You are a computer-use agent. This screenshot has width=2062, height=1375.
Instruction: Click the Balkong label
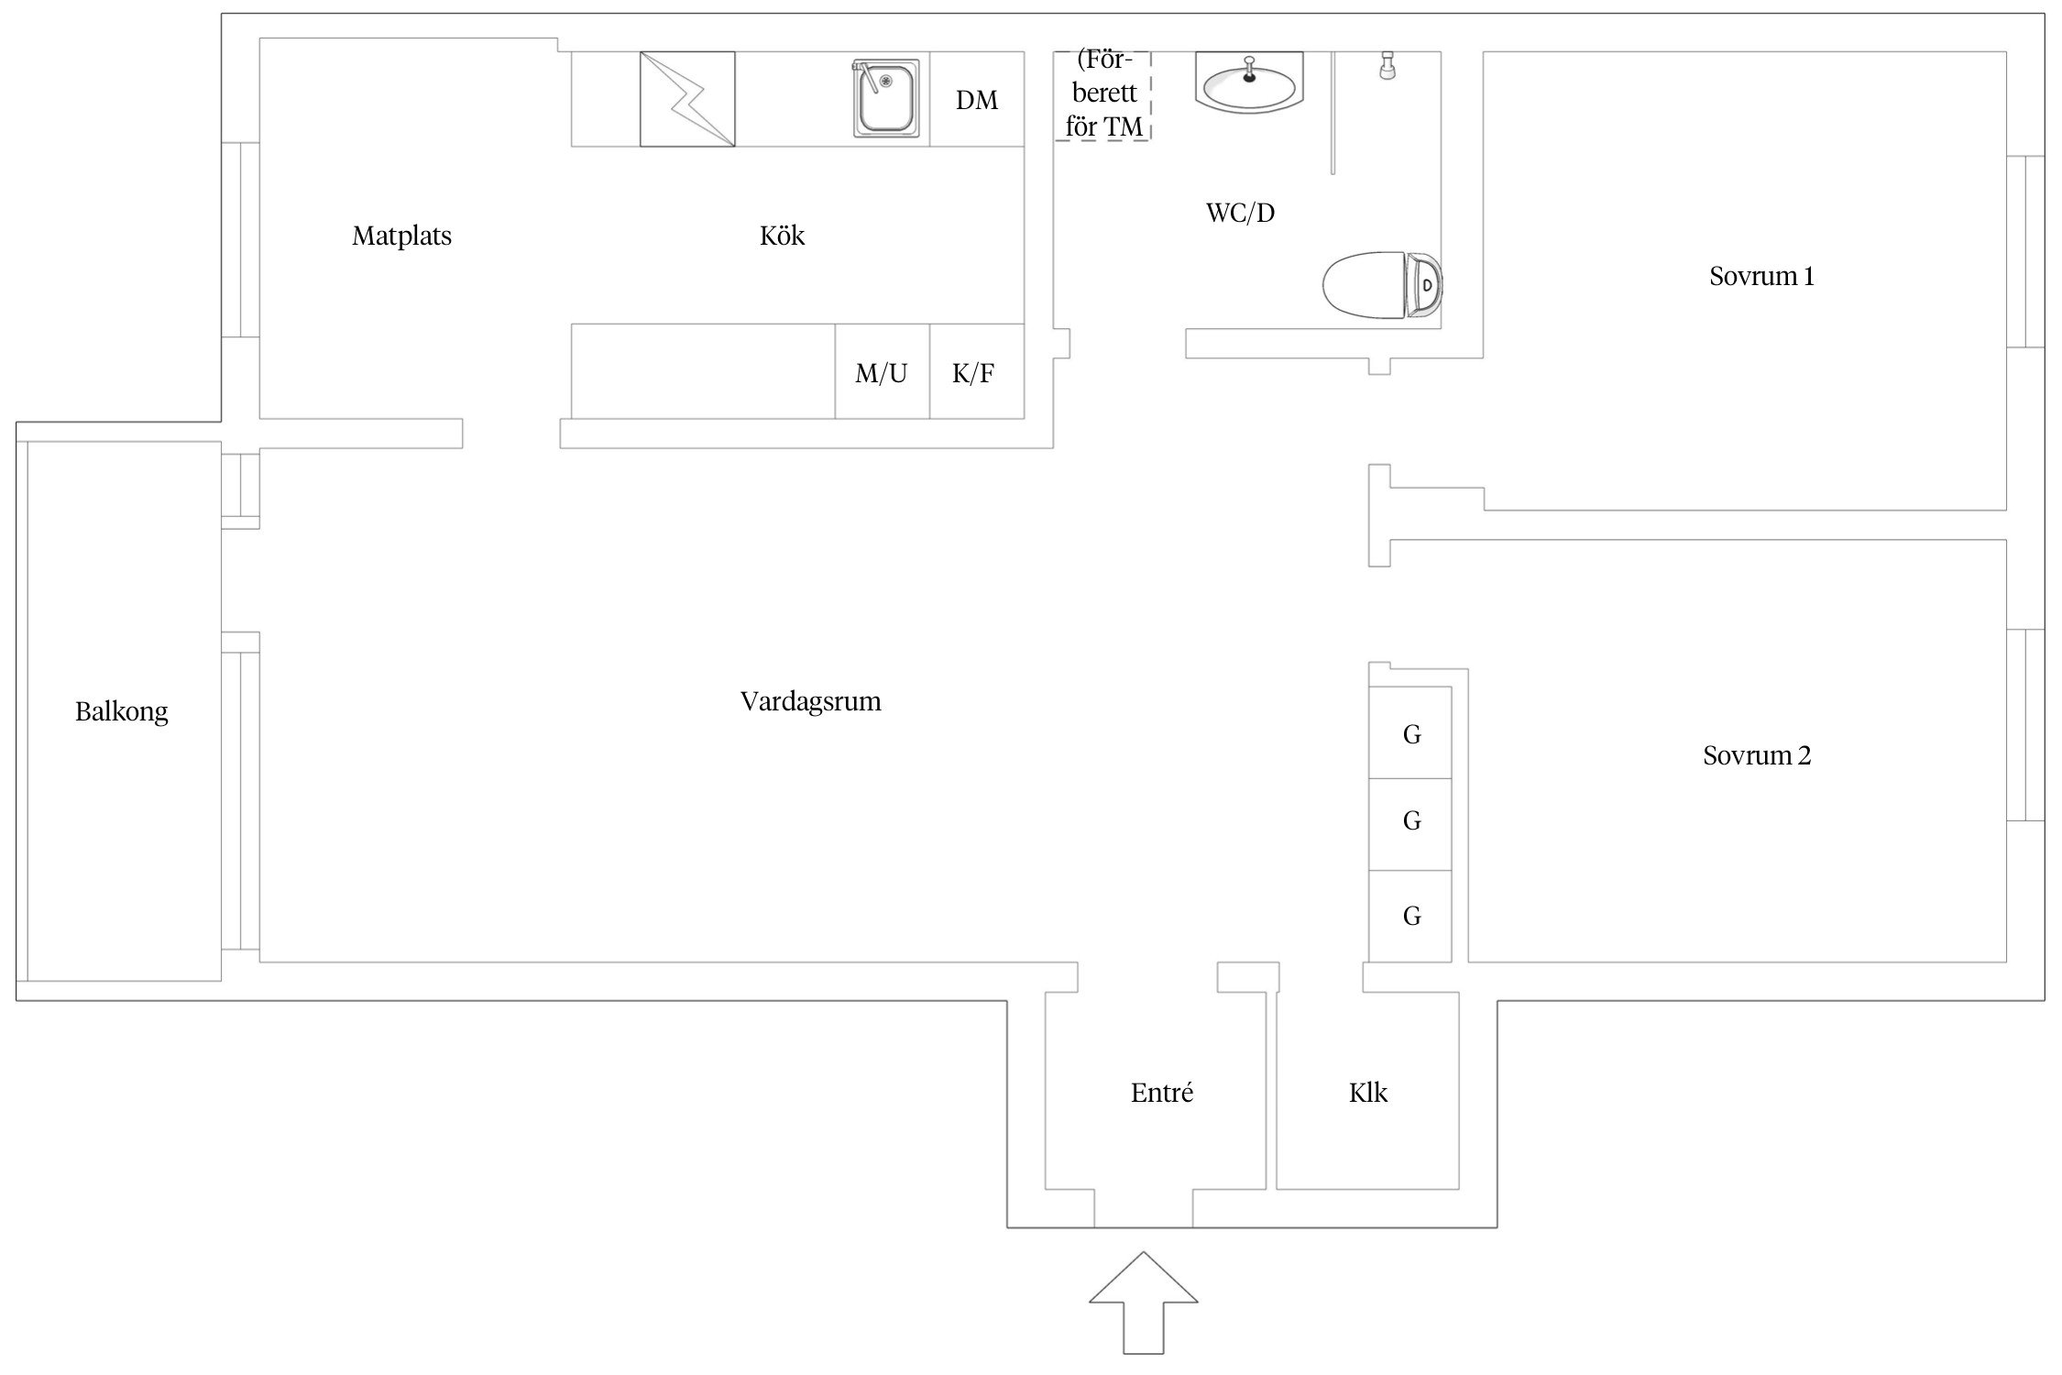pos(122,712)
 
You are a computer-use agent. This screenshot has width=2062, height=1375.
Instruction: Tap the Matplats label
pos(401,236)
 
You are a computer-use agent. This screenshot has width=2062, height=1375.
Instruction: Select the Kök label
pos(782,236)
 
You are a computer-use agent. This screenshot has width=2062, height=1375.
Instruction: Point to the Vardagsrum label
pos(810,702)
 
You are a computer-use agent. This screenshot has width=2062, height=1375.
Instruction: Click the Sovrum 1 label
pos(1760,277)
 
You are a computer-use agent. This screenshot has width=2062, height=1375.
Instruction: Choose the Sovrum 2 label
pos(1756,756)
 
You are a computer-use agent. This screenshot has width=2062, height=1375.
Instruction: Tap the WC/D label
pos(1239,214)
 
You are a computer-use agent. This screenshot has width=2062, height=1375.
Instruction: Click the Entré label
pos(1161,1093)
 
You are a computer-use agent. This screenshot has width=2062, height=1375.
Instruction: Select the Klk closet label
pos(1367,1093)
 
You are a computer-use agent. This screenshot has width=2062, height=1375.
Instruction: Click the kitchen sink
pos(886,99)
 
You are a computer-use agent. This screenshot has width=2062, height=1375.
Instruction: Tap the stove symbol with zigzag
pos(687,99)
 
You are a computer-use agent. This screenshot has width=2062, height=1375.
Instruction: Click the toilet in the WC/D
pos(1381,285)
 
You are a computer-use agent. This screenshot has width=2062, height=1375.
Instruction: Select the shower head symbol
pos(1387,66)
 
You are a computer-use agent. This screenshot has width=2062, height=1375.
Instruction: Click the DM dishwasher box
pos(977,99)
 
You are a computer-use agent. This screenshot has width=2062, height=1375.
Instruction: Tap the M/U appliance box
pos(882,372)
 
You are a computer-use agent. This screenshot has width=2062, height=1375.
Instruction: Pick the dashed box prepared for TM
pos(1102,95)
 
